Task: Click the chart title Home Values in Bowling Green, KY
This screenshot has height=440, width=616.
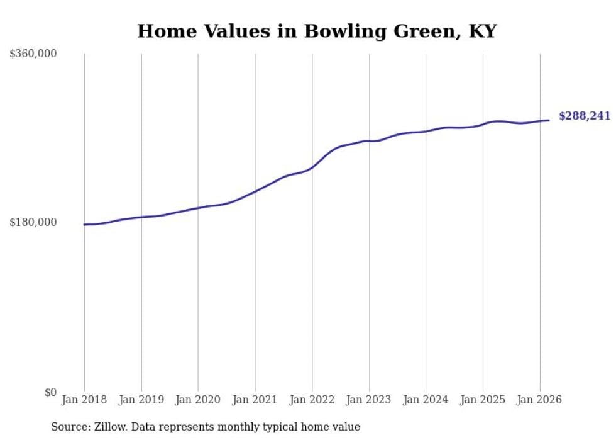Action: click(x=317, y=31)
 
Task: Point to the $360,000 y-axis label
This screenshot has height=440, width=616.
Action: click(x=33, y=54)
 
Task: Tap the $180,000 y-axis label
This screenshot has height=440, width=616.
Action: click(x=33, y=222)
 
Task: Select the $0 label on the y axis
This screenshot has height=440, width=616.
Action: click(x=50, y=393)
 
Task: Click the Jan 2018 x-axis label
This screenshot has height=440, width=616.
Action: click(x=84, y=400)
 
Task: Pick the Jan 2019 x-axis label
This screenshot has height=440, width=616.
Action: click(x=141, y=400)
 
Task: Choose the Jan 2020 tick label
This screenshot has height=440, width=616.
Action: click(x=198, y=400)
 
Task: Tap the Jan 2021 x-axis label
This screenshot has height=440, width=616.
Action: click(x=255, y=400)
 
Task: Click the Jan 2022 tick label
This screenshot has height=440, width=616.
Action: click(x=312, y=400)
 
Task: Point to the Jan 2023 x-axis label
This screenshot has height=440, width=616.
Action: click(x=369, y=400)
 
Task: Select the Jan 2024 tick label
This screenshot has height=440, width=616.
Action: click(x=426, y=400)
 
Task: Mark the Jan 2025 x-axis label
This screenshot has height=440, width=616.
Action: click(x=483, y=400)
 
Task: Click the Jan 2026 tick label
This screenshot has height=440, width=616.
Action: click(x=539, y=400)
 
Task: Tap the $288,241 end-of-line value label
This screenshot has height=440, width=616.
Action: click(x=585, y=116)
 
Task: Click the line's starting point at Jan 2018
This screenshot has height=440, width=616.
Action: click(x=84, y=224)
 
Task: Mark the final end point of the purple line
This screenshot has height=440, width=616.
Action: click(x=549, y=120)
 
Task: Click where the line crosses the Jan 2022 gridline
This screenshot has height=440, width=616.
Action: click(x=312, y=167)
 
